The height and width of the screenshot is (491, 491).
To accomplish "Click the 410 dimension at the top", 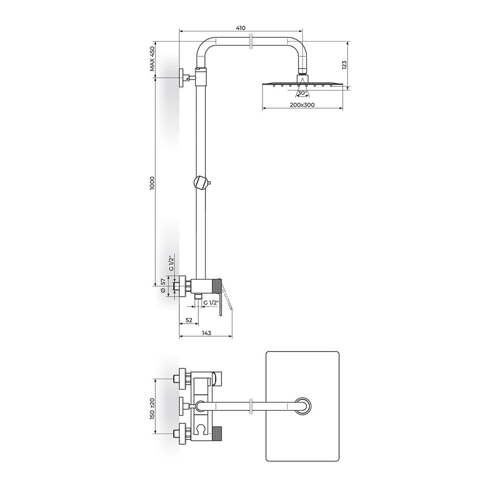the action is [241, 28].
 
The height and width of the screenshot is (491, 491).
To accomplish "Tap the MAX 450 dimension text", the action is [152, 58].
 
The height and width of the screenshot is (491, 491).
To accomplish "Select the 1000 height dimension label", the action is [152, 182].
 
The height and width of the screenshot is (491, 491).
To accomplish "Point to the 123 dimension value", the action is [344, 64].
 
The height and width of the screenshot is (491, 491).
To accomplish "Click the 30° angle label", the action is [302, 93].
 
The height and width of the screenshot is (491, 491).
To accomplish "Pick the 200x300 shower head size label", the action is [302, 105].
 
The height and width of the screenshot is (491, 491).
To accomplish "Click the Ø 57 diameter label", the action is [163, 285].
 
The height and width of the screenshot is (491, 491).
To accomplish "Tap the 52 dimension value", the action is [189, 320].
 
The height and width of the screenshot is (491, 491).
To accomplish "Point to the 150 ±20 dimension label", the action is [152, 409].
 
